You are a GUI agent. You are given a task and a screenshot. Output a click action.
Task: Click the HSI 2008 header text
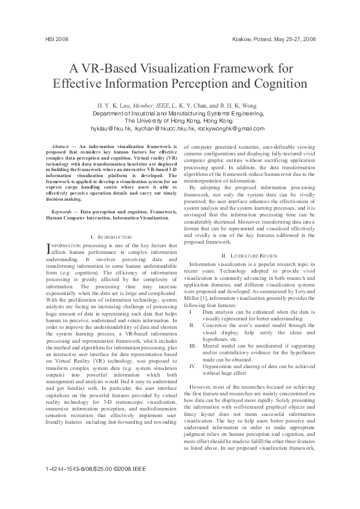(56, 39)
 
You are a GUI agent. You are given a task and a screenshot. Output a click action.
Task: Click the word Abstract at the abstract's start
(60, 147)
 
